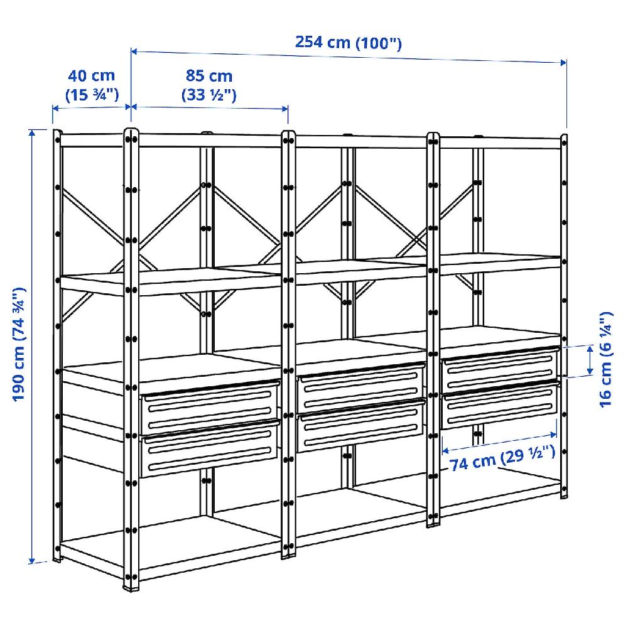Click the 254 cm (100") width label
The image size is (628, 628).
(348, 43)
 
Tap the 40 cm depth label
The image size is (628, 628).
(92, 85)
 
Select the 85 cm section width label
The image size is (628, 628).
(208, 85)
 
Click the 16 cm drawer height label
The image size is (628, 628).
(605, 359)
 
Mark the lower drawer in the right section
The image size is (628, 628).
(500, 408)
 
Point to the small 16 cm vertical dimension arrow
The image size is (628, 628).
(590, 360)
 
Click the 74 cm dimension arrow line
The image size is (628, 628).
(499, 442)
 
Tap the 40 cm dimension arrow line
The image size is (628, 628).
(91, 107)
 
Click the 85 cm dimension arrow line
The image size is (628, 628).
(209, 107)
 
